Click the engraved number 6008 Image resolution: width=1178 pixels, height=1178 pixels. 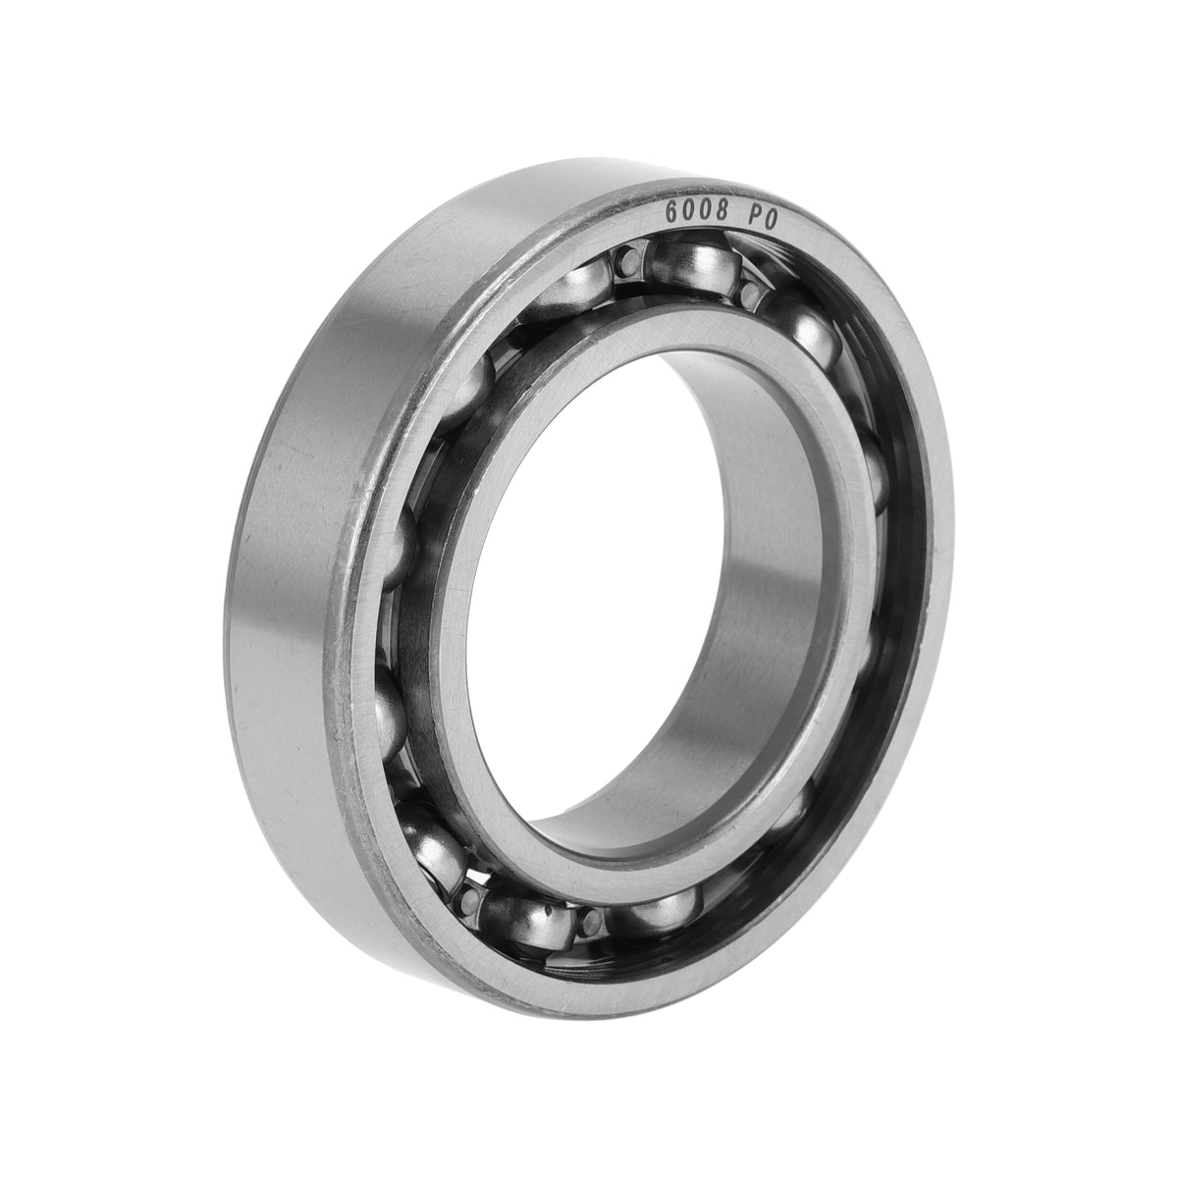click(x=697, y=212)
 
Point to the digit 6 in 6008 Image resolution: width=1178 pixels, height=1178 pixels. click(x=671, y=211)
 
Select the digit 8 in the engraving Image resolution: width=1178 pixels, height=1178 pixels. click(x=722, y=214)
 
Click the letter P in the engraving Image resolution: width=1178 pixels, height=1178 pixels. click(x=753, y=218)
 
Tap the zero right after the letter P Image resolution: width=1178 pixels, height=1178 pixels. click(x=771, y=220)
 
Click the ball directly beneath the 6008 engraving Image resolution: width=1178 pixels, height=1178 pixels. click(x=694, y=262)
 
